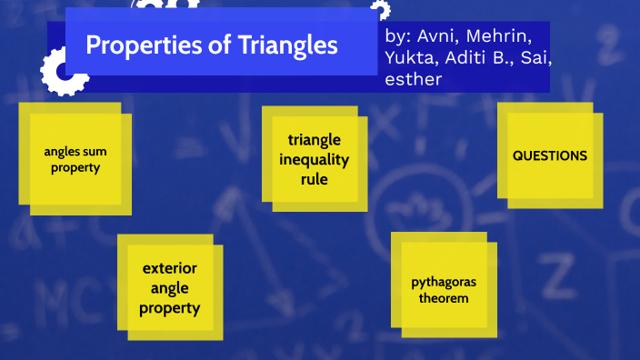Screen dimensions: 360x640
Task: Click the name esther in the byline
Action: pyautogui.click(x=414, y=79)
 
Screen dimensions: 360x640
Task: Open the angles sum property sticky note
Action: pyautogui.click(x=75, y=159)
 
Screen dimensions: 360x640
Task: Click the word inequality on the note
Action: pyautogui.click(x=314, y=160)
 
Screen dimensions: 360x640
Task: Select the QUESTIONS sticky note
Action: pyautogui.click(x=550, y=155)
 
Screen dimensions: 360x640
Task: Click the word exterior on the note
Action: pyautogui.click(x=170, y=268)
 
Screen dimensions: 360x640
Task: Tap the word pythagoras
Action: pyautogui.click(x=443, y=282)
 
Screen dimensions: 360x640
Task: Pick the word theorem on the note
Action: pyautogui.click(x=443, y=298)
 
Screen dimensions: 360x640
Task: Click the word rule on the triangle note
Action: pyautogui.click(x=314, y=180)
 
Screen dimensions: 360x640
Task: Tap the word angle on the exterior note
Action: pyautogui.click(x=170, y=288)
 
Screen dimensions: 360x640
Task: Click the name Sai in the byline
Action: pyautogui.click(x=534, y=58)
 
